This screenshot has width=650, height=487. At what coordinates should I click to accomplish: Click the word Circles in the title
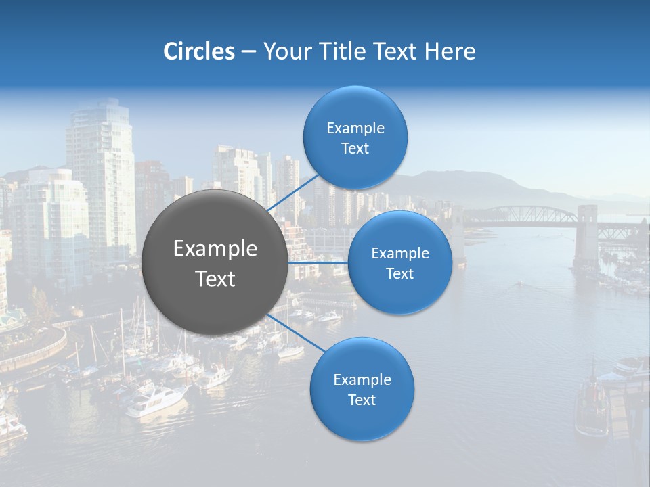[199, 51]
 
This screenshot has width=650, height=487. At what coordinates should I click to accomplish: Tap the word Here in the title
[450, 51]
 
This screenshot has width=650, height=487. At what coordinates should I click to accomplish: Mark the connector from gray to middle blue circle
[318, 262]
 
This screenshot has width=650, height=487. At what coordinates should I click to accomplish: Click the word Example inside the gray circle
[215, 249]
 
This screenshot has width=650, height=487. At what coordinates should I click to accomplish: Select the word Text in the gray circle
[215, 279]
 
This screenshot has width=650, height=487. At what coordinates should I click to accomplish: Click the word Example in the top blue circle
[355, 129]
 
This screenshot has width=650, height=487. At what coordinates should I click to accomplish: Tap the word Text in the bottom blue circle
[362, 400]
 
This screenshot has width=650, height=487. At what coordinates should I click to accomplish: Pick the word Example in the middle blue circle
[399, 254]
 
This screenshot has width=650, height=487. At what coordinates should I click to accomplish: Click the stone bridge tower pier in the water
[586, 237]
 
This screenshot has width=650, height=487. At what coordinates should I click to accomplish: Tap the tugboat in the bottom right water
[591, 409]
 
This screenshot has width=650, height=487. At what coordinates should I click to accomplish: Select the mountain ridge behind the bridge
[474, 184]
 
